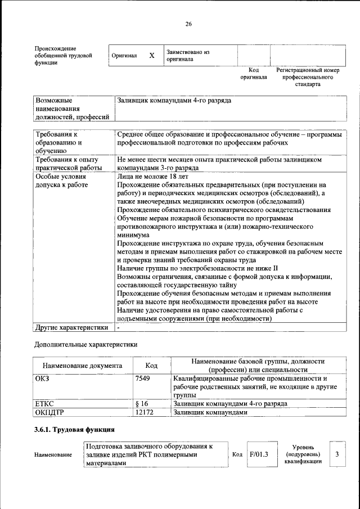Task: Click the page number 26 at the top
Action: click(189, 24)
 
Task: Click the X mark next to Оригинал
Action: click(151, 56)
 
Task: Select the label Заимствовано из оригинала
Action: click(187, 55)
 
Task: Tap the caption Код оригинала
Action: click(253, 74)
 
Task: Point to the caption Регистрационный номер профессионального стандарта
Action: click(308, 77)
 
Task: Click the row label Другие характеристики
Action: click(71, 327)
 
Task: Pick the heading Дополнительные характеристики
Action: click(86, 344)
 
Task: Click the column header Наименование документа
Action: click(82, 366)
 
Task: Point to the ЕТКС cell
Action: click(44, 404)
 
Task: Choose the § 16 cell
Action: click(142, 404)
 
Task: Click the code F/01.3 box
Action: click(259, 454)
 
